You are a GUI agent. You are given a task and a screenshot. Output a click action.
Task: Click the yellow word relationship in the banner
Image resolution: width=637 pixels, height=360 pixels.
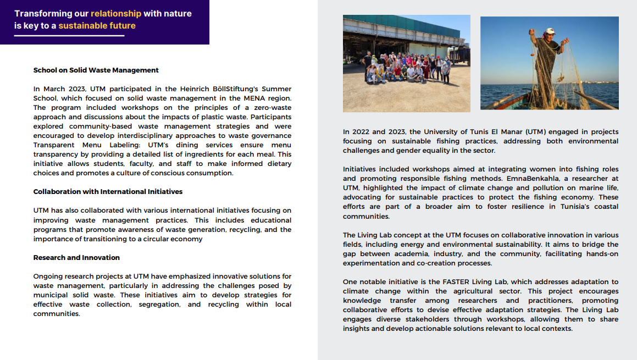coord(116,13)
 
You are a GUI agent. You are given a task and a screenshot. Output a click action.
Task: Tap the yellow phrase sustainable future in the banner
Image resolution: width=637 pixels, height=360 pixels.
coord(97,26)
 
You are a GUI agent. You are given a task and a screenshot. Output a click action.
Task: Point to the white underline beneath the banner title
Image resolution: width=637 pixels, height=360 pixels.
coord(69,36)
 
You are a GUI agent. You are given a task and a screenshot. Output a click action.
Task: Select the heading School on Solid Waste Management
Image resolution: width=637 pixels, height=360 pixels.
coord(96,70)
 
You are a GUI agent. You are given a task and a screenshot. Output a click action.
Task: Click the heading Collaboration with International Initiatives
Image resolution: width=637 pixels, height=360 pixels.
coord(108,192)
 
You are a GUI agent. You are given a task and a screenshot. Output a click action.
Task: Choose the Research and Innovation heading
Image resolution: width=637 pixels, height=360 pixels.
coord(76,258)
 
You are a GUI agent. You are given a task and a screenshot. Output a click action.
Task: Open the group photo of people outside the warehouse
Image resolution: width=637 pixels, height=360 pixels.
coord(406,63)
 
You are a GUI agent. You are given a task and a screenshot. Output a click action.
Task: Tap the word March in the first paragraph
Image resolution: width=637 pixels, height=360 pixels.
coord(55,89)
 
